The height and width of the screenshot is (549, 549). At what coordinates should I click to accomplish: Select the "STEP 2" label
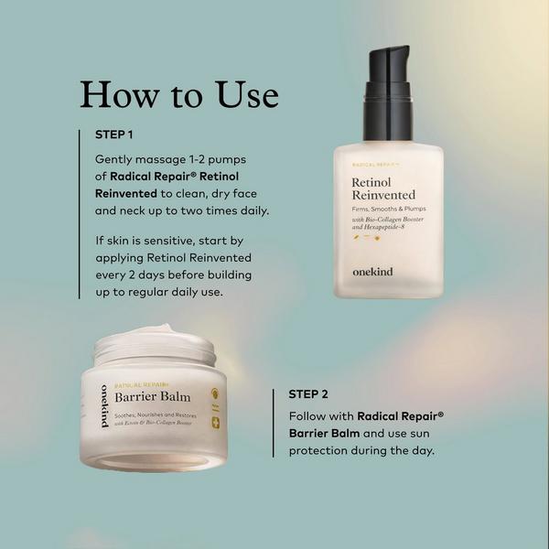[x=308, y=395]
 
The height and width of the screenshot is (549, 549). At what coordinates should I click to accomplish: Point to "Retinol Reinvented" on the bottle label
[x=383, y=188]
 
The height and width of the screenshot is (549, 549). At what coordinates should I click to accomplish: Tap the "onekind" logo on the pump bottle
[x=373, y=271]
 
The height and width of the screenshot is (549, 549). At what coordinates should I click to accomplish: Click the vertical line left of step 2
[x=274, y=423]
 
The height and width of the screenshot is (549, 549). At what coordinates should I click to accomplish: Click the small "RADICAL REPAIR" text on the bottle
[x=373, y=164]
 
